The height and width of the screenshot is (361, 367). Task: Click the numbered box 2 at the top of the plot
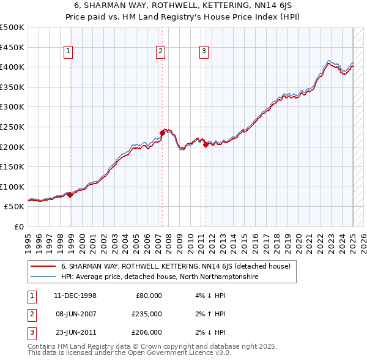[160, 52]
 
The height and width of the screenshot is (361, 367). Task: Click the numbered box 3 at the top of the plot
[204, 52]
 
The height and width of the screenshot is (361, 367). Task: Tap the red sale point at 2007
[162, 133]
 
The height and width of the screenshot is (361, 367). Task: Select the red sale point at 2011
[206, 144]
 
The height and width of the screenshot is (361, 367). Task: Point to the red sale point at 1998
[70, 195]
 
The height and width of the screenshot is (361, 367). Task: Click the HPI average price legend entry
[160, 277]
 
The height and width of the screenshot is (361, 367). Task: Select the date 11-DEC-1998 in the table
[75, 296]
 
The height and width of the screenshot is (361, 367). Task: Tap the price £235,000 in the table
[147, 314]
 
